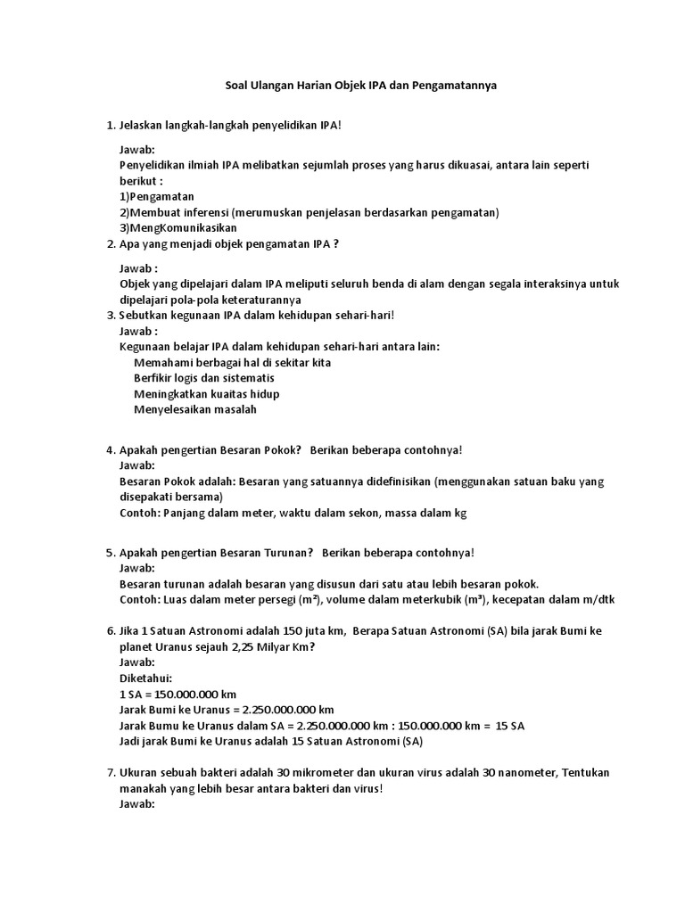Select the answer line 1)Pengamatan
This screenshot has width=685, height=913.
click(x=157, y=196)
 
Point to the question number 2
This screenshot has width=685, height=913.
click(x=111, y=243)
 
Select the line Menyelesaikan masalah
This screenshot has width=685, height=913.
click(x=194, y=410)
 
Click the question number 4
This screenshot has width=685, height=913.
click(x=111, y=450)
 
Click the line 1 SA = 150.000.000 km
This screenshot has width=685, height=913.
click(x=177, y=695)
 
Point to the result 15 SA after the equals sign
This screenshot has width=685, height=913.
click(x=510, y=726)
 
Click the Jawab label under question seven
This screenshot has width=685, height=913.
click(x=137, y=804)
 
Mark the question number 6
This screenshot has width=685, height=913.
click(x=111, y=631)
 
